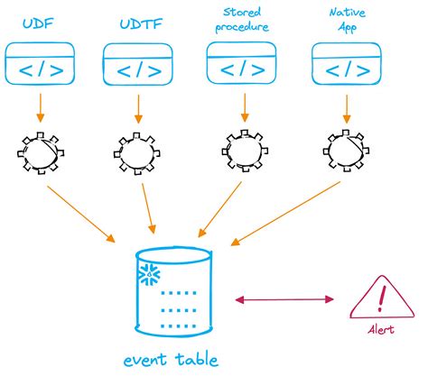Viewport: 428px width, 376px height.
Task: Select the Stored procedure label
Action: [x=244, y=20]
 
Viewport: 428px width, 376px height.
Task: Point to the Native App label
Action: [x=347, y=19]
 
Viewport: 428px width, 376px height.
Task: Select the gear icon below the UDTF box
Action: [x=140, y=150]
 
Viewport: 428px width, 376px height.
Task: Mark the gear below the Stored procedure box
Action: [x=243, y=150]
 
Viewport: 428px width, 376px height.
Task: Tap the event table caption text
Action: [x=172, y=361]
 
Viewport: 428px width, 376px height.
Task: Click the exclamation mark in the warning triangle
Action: [x=381, y=295]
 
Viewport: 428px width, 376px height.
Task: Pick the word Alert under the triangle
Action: [x=381, y=330]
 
